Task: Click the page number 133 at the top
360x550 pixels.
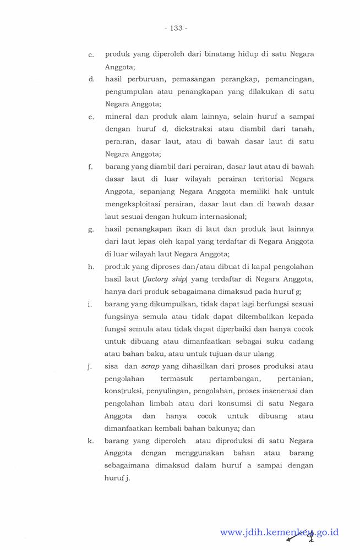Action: coord(176,28)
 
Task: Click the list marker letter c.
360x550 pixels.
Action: coord(91,56)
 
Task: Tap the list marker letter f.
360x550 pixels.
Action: coord(90,167)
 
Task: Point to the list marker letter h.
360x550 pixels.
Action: coord(91,267)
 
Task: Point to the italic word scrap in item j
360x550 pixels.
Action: coord(150,366)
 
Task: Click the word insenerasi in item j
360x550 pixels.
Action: coord(279,391)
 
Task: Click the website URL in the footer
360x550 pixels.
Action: coord(279,532)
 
